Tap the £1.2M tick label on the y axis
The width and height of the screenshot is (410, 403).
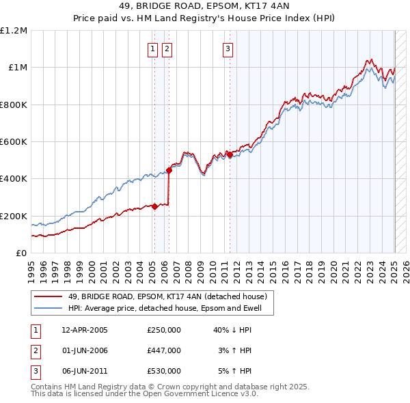[14, 31]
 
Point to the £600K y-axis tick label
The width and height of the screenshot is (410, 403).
[14, 142]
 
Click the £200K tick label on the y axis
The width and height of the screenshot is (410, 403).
[14, 216]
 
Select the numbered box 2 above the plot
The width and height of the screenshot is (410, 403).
[167, 48]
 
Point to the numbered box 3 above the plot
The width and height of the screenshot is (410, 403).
[228, 48]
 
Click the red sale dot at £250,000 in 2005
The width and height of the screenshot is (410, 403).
[155, 206]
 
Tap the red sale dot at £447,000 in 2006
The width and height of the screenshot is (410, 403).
[169, 170]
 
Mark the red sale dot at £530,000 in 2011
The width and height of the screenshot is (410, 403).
[230, 155]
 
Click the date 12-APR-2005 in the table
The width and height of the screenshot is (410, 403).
[85, 330]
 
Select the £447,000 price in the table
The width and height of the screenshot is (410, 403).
[164, 350]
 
